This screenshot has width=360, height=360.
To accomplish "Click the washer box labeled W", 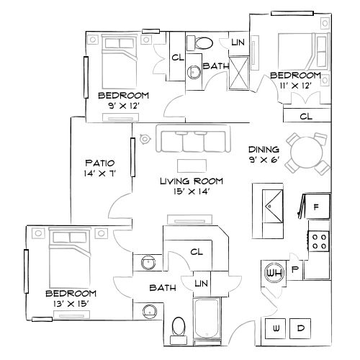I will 276,328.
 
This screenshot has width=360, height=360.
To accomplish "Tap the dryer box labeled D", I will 302,328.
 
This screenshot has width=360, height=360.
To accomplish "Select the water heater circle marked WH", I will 274,274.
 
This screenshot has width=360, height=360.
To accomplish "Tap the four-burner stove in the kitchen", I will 320,238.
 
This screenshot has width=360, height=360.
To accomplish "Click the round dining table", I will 302,152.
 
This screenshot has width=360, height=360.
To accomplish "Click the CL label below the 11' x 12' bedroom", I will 305,116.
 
